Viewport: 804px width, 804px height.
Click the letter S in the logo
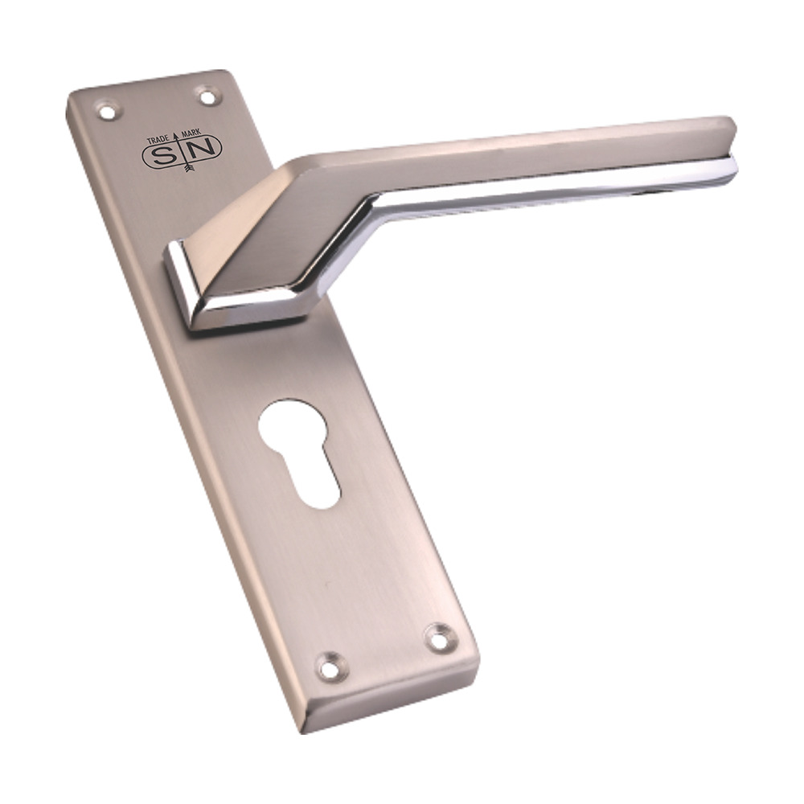click(x=164, y=153)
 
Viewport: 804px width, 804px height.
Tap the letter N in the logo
click(x=204, y=149)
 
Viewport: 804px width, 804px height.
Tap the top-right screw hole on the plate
click(x=208, y=96)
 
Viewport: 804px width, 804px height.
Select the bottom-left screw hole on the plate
click(x=330, y=667)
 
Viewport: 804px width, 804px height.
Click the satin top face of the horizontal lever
click(x=523, y=149)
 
